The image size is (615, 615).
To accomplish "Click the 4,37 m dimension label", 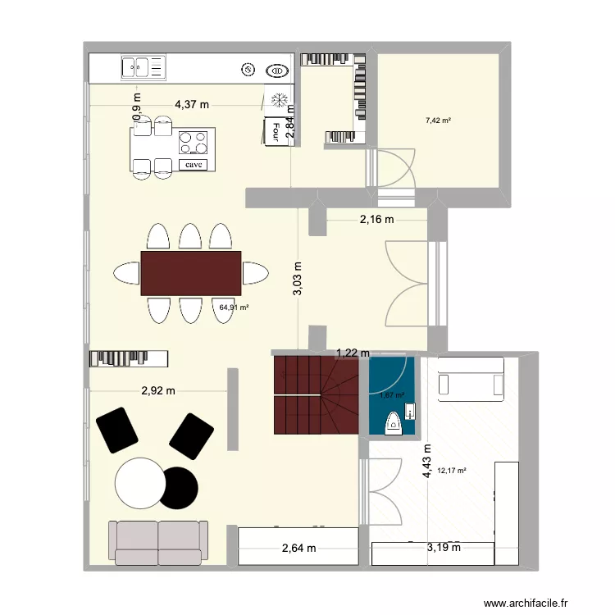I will (192, 104).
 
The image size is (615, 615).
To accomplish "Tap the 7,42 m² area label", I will (439, 121).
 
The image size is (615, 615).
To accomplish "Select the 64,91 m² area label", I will (234, 307).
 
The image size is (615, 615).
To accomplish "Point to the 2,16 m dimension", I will (376, 219).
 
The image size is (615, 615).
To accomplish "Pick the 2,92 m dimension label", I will (158, 390).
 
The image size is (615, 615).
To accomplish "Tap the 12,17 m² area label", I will (452, 471).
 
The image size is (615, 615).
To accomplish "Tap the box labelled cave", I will (194, 164).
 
